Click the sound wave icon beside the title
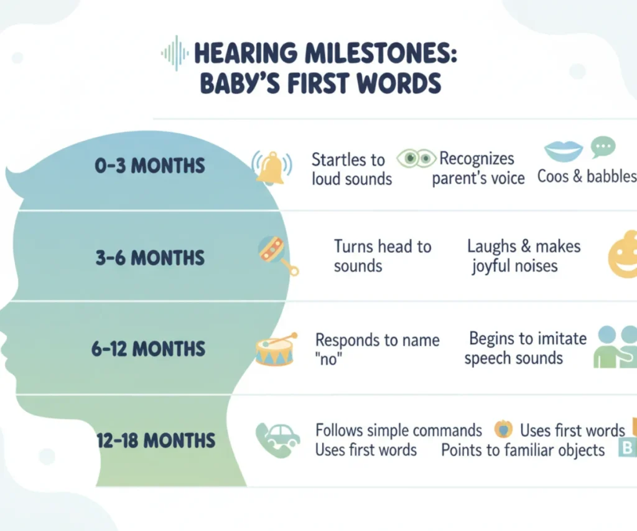pyautogui.click(x=175, y=54)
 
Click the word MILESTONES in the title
pyautogui.click(x=380, y=54)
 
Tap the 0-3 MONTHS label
pyautogui.click(x=149, y=166)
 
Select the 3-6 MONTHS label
pyautogui.click(x=150, y=258)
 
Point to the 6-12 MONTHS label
pyautogui.click(x=148, y=349)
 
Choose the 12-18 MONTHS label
pyautogui.click(x=156, y=440)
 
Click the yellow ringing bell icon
pyautogui.click(x=271, y=168)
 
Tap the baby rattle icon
pyautogui.click(x=277, y=255)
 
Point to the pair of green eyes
pyautogui.click(x=416, y=158)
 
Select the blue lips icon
pyautogui.click(x=563, y=151)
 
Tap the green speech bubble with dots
pyautogui.click(x=603, y=147)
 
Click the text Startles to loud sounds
pyautogui.click(x=351, y=169)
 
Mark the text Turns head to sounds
pyautogui.click(x=383, y=256)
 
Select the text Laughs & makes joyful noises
pyautogui.click(x=524, y=256)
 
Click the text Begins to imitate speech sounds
pyautogui.click(x=525, y=349)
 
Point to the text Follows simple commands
pyautogui.click(x=399, y=430)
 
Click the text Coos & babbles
pyautogui.click(x=587, y=176)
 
